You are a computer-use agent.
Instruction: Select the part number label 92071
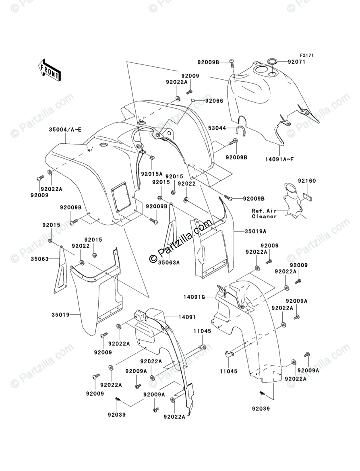coord(296,62)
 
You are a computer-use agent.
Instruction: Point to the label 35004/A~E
coord(65,130)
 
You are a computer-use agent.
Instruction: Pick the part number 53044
coord(217,128)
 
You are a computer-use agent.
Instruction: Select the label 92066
coord(214,101)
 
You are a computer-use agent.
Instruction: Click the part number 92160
coord(307,181)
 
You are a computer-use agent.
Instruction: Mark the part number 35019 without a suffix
coord(60,315)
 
